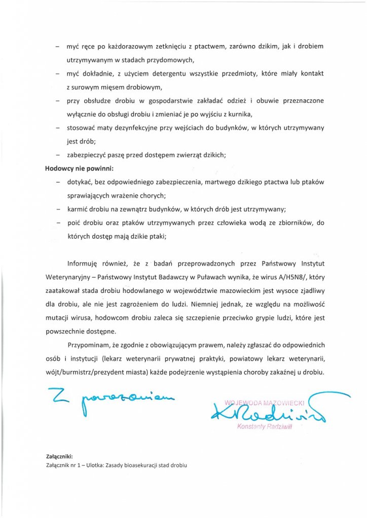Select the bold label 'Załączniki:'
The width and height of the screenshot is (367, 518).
point(59,456)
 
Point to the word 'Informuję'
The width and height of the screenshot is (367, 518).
point(84,264)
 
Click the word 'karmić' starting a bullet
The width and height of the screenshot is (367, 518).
point(78,208)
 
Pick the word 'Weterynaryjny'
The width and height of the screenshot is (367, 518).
point(69,277)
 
